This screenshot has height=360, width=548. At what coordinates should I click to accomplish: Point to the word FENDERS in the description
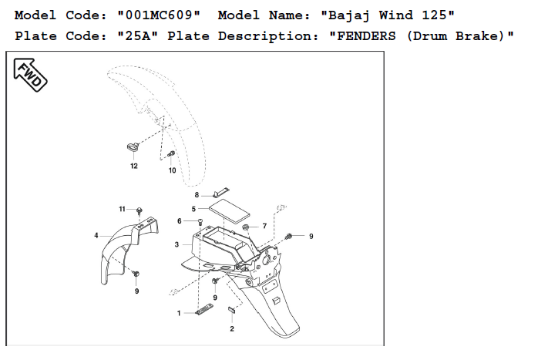tap(358, 36)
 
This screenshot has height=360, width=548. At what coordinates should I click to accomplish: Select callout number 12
tap(133, 166)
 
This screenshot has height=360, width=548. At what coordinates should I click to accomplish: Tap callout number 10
tap(172, 170)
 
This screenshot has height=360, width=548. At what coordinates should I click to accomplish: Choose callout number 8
tap(197, 195)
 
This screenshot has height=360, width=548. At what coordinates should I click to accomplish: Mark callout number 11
tap(122, 209)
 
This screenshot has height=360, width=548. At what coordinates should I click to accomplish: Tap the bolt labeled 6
tap(200, 222)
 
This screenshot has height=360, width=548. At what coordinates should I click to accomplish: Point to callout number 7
tap(264, 226)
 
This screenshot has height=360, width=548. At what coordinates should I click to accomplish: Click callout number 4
tap(96, 234)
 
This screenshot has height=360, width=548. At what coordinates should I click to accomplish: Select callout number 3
tap(177, 244)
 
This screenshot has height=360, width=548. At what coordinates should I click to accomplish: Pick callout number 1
tap(179, 313)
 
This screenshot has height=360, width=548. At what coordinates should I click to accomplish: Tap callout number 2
tap(232, 328)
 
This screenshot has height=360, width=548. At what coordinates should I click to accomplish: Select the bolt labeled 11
tap(140, 210)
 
